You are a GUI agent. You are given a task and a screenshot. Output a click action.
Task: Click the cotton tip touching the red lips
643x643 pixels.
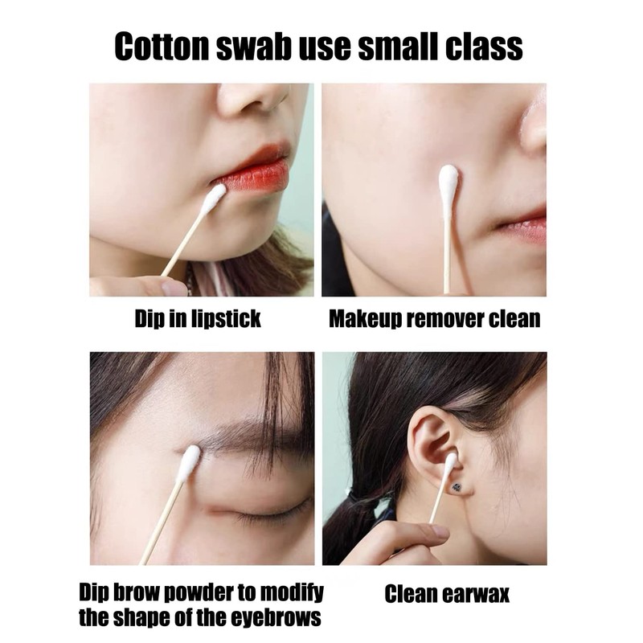[214, 198]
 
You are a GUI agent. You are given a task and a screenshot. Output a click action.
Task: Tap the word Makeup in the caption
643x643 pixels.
[367, 319]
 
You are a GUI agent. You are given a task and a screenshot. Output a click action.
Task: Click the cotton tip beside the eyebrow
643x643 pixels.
[189, 463]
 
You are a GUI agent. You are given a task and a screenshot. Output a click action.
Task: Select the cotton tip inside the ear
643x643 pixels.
[450, 462]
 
